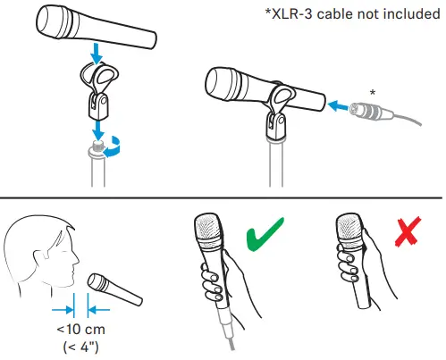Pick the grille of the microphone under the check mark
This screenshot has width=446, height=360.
pos(208,235)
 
